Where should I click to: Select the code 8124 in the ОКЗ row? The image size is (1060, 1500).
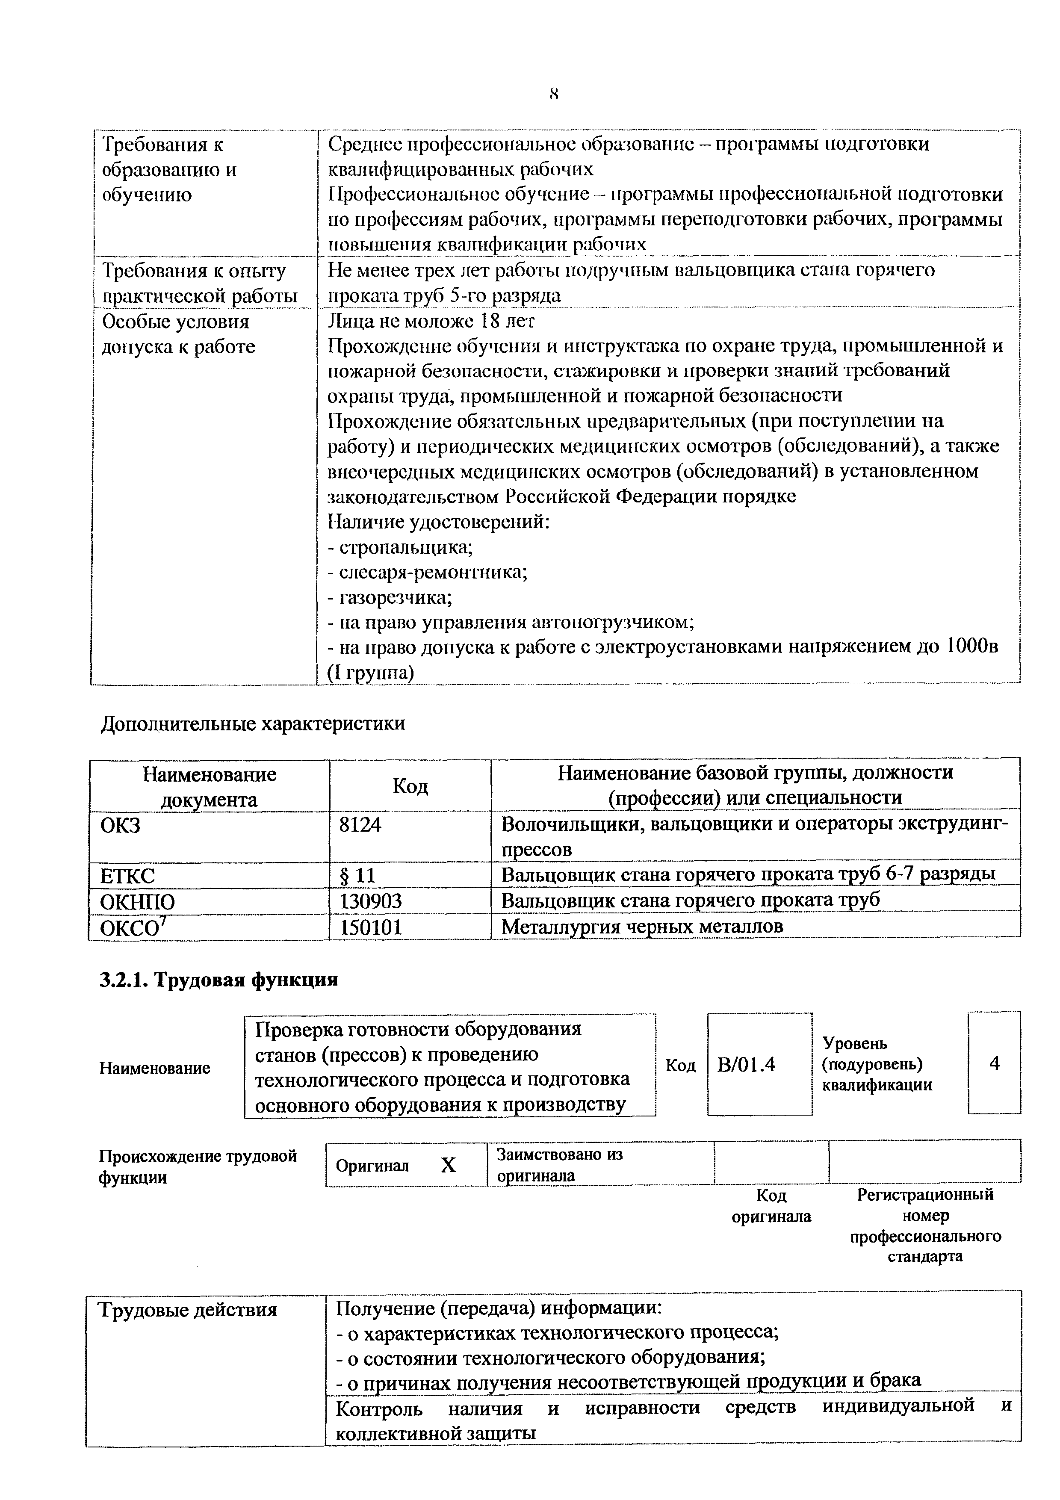coord(360,824)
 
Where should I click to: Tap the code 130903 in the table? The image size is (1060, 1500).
coord(370,901)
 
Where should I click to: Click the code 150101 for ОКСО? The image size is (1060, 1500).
coord(370,927)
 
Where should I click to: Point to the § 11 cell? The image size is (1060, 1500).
coord(357,875)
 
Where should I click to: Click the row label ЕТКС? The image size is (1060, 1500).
coord(127,875)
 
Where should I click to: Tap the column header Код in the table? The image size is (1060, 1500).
coord(410,786)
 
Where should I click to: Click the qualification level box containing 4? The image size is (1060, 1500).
coord(994,1063)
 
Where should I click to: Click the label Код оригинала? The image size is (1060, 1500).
coord(771,1205)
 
